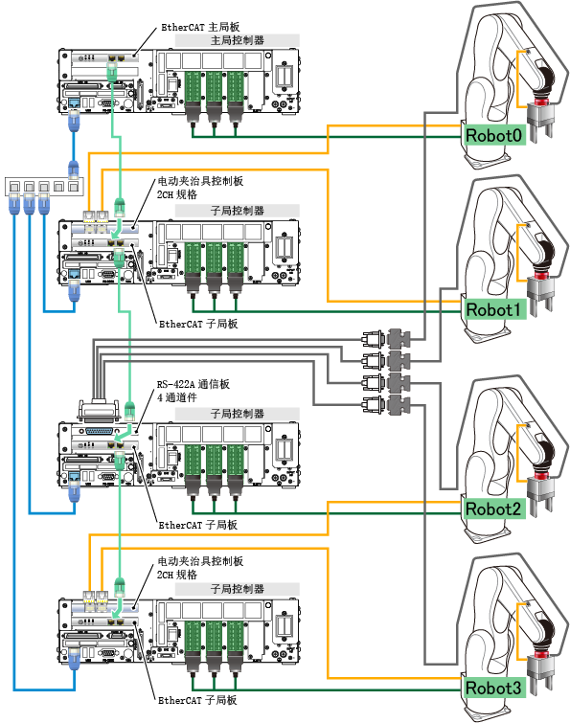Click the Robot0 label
(x=494, y=135)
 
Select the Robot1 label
(x=494, y=309)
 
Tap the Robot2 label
(x=494, y=508)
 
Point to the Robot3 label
(x=494, y=688)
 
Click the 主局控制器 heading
(x=237, y=40)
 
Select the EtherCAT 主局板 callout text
(x=200, y=27)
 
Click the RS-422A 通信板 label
(x=194, y=384)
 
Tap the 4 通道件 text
(x=177, y=397)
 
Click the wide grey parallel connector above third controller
(x=100, y=411)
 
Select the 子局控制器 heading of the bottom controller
(x=237, y=589)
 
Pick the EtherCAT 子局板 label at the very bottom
(x=197, y=700)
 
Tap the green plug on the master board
(x=112, y=72)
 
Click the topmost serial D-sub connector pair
(x=386, y=339)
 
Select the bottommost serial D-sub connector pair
(x=386, y=405)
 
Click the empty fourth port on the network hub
(x=58, y=187)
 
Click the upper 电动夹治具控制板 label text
(x=200, y=181)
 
